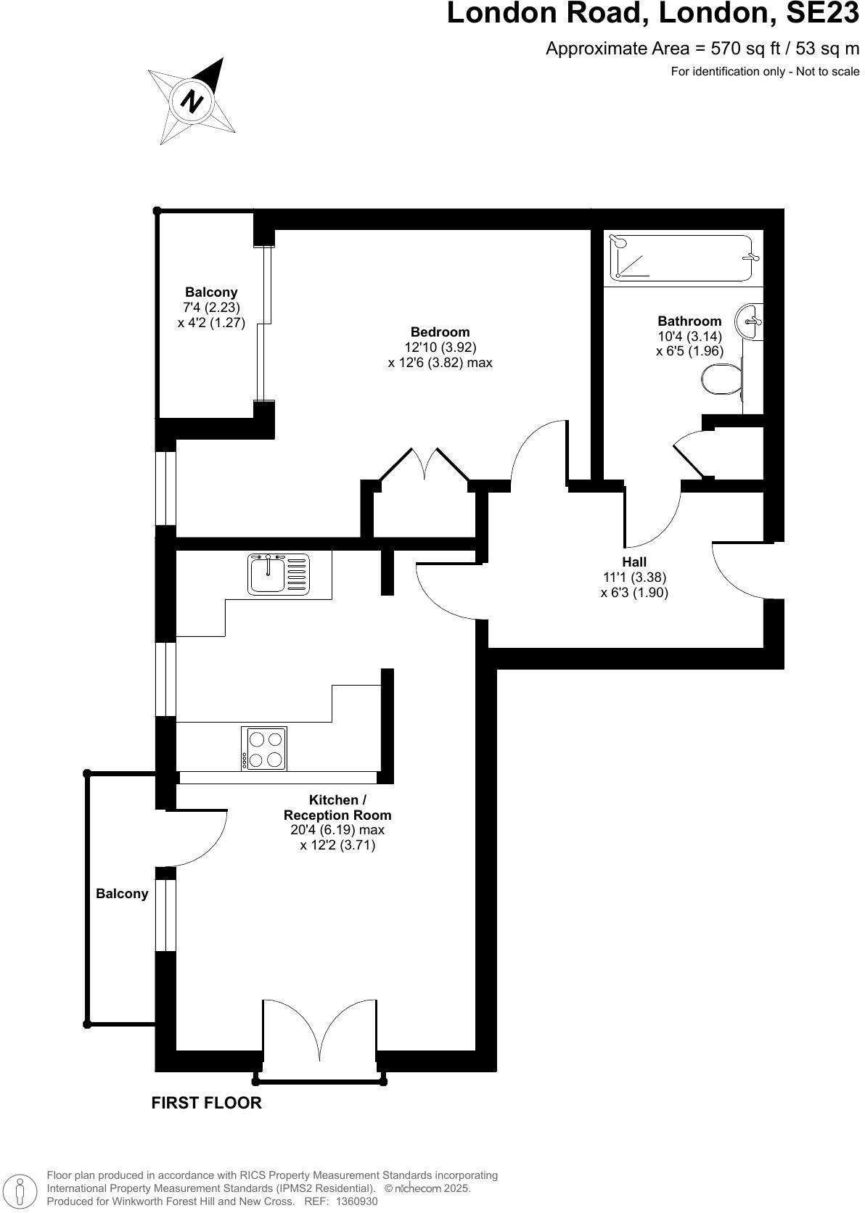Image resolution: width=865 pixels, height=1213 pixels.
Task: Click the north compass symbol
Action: pyautogui.click(x=192, y=101)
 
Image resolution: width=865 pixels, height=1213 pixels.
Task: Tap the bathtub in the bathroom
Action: pyautogui.click(x=681, y=258)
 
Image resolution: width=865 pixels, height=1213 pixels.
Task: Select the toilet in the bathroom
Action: pyautogui.click(x=721, y=378)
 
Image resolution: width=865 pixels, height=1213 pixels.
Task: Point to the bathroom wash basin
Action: pyautogui.click(x=750, y=320)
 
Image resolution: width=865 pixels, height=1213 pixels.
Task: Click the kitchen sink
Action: pyautogui.click(x=278, y=574)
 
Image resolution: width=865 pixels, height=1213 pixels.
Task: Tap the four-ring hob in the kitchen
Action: pyautogui.click(x=264, y=749)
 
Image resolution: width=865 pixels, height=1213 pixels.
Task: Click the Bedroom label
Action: pyautogui.click(x=440, y=332)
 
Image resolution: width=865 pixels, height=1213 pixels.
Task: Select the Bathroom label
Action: pyautogui.click(x=689, y=321)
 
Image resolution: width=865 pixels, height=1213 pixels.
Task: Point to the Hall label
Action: pyautogui.click(x=634, y=562)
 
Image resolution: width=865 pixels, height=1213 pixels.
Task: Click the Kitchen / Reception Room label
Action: pyautogui.click(x=337, y=807)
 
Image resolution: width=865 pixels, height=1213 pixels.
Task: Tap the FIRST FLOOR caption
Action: pyautogui.click(x=206, y=1103)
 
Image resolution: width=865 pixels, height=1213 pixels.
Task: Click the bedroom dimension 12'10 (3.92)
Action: pyautogui.click(x=440, y=348)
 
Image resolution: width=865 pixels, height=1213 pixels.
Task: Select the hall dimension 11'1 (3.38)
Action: pyautogui.click(x=634, y=577)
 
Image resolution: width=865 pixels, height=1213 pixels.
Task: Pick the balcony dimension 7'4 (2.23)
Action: pyautogui.click(x=211, y=307)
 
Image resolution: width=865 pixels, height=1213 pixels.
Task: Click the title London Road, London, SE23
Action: pyautogui.click(x=652, y=15)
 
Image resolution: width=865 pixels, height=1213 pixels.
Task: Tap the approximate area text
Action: pyautogui.click(x=702, y=49)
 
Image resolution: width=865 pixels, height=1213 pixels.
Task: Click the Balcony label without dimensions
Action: pyautogui.click(x=122, y=894)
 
